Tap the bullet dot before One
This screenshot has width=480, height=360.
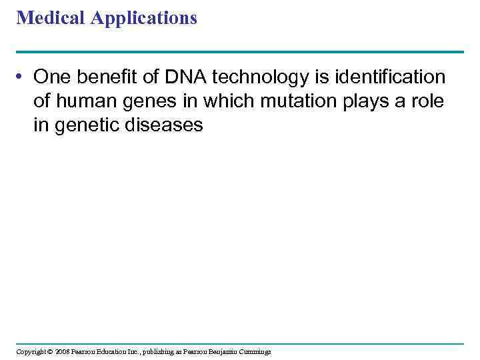click(22, 78)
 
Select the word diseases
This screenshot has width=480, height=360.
click(165, 125)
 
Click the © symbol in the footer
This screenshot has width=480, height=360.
click(49, 351)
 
